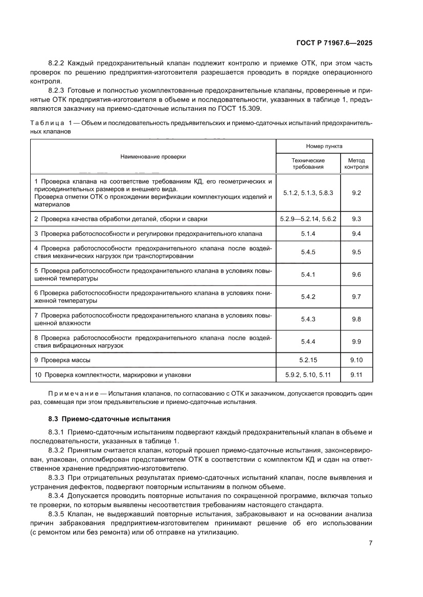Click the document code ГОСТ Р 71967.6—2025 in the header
pos(335,43)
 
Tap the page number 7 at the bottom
pos(370,543)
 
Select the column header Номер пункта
pos(324,146)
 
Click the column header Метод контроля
pos(356,163)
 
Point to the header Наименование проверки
pos(153,156)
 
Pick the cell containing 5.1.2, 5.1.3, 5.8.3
pos(308,193)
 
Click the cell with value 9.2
pos(357,193)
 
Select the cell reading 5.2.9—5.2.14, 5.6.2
pos(308,219)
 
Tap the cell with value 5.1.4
pos(308,233)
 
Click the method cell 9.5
pos(357,252)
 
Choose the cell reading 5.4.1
pos(308,274)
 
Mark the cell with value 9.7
pos(357,297)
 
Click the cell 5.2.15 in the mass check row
pos(308,360)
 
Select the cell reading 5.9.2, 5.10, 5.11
pos(308,375)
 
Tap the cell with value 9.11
pos(357,375)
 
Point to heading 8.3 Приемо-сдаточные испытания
pos(109,419)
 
